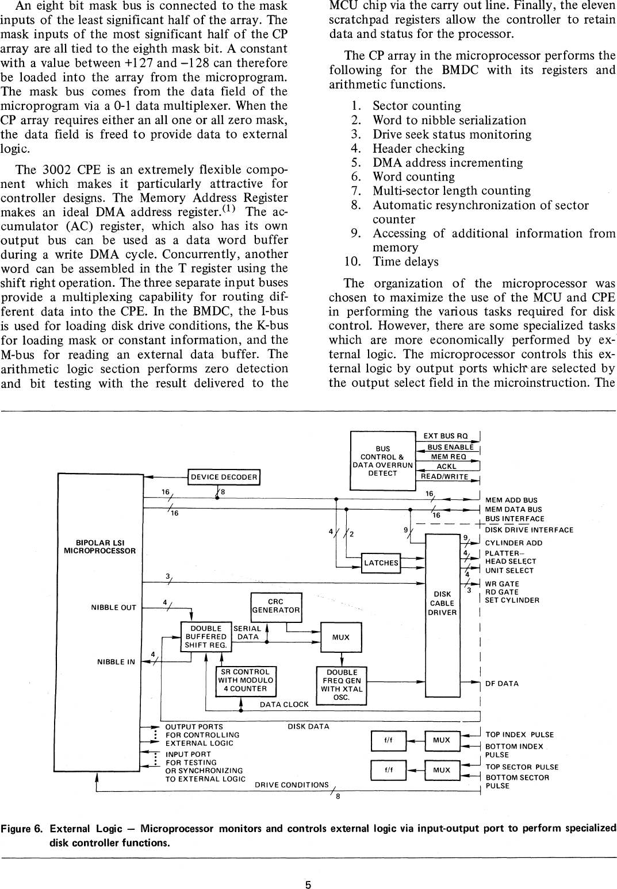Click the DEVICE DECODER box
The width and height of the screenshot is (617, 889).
pos(224,477)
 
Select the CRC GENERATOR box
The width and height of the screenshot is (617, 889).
pos(276,606)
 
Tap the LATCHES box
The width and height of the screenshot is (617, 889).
pos(381,563)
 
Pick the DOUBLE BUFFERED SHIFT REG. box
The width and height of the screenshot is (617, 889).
pos(206,637)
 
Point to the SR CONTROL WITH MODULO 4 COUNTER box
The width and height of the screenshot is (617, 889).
pos(246,680)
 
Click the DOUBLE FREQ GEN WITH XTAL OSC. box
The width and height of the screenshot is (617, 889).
pos(342,684)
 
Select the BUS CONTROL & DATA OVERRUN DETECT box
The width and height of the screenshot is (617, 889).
pos(382,461)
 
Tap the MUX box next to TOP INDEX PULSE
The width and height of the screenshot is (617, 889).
pos(442,740)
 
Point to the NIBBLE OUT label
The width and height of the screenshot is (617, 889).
pos(113,607)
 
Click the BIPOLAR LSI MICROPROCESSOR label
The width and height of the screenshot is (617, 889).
pos(100,547)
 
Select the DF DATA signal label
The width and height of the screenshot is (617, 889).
pos(502,683)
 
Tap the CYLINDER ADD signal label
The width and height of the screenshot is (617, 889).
pos(513,542)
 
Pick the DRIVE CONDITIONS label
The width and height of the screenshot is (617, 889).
pos(292,785)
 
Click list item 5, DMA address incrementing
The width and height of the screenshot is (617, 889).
pos(447,163)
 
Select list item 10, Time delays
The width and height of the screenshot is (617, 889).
pos(405,261)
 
